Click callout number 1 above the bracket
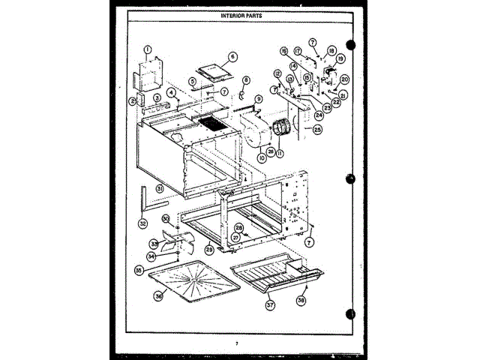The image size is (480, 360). tap(148, 51)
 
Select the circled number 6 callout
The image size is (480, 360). tap(232, 56)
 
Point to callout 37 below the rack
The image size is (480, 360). tap(268, 304)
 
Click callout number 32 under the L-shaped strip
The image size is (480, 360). tap(142, 223)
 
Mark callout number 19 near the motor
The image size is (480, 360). tap(340, 58)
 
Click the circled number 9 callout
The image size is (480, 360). tap(258, 98)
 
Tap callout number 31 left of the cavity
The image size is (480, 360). tap(159, 189)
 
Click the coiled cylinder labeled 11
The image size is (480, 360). tap(282, 128)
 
